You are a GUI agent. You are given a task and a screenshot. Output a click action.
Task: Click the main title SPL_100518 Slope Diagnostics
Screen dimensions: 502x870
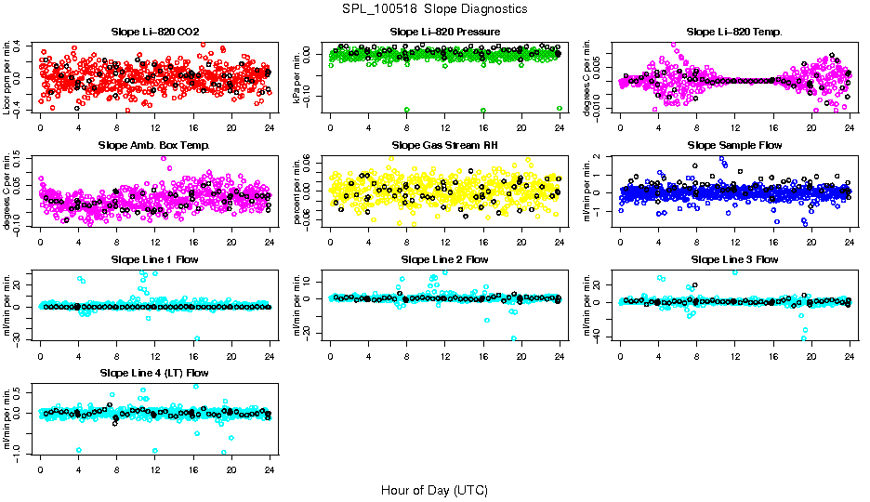coord(434,8)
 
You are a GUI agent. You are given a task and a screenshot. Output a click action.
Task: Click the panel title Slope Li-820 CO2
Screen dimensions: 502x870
coord(154,32)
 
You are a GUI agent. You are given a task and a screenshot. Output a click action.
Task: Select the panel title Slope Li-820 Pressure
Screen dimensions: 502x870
coord(444,32)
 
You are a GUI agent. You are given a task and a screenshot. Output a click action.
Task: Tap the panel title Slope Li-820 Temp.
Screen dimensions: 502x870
coord(734,32)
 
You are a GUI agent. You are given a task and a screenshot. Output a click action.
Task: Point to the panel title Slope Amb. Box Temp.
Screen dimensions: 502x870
coord(154,145)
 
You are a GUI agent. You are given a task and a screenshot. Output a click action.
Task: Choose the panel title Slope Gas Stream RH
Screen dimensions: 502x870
coord(444,145)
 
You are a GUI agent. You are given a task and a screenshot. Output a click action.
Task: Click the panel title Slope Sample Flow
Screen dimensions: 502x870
coord(734,145)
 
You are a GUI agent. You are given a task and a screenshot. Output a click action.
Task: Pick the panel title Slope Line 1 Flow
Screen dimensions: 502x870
coord(154,259)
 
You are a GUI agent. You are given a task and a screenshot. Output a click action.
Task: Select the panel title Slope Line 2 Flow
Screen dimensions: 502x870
coord(444,259)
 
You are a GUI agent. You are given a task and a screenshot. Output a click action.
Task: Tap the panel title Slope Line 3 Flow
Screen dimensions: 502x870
coord(734,259)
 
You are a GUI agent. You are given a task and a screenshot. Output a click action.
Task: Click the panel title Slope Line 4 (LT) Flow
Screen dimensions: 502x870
coord(154,373)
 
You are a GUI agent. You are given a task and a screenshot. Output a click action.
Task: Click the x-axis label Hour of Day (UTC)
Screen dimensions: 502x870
coord(434,489)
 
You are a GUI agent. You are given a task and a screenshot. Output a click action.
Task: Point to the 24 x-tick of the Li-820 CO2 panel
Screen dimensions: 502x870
coord(270,127)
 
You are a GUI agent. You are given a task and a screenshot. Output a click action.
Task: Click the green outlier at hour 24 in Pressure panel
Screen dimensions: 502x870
coord(559,108)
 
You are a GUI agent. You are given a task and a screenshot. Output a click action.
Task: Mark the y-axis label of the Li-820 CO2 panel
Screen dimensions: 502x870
coord(8,76)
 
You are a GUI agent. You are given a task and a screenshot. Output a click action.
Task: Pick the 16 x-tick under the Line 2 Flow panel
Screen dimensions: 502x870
coord(483,355)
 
